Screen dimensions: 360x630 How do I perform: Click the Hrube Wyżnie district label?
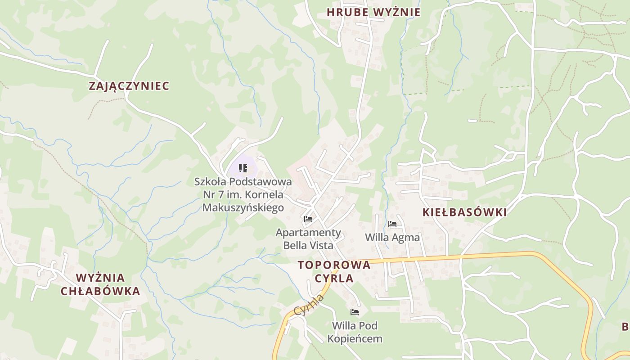click(x=373, y=13)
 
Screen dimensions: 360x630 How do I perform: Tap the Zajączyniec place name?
click(x=129, y=86)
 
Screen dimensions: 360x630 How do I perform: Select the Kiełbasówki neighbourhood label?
click(x=464, y=212)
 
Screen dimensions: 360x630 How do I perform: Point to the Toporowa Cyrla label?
click(x=334, y=271)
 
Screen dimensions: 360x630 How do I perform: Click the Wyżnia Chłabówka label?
click(x=100, y=284)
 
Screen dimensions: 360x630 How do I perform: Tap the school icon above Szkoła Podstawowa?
click(x=243, y=168)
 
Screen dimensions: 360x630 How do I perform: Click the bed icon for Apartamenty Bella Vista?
click(x=308, y=220)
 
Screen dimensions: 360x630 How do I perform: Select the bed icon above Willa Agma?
click(x=392, y=224)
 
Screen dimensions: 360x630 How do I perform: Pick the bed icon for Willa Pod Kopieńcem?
click(x=355, y=312)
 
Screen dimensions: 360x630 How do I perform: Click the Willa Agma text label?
click(x=392, y=237)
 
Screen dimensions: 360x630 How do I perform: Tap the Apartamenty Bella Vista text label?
click(x=308, y=239)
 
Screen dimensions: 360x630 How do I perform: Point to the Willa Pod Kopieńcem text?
click(x=355, y=332)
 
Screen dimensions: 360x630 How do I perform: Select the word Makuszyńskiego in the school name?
click(x=243, y=207)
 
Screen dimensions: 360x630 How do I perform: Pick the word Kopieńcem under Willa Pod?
click(x=355, y=339)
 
